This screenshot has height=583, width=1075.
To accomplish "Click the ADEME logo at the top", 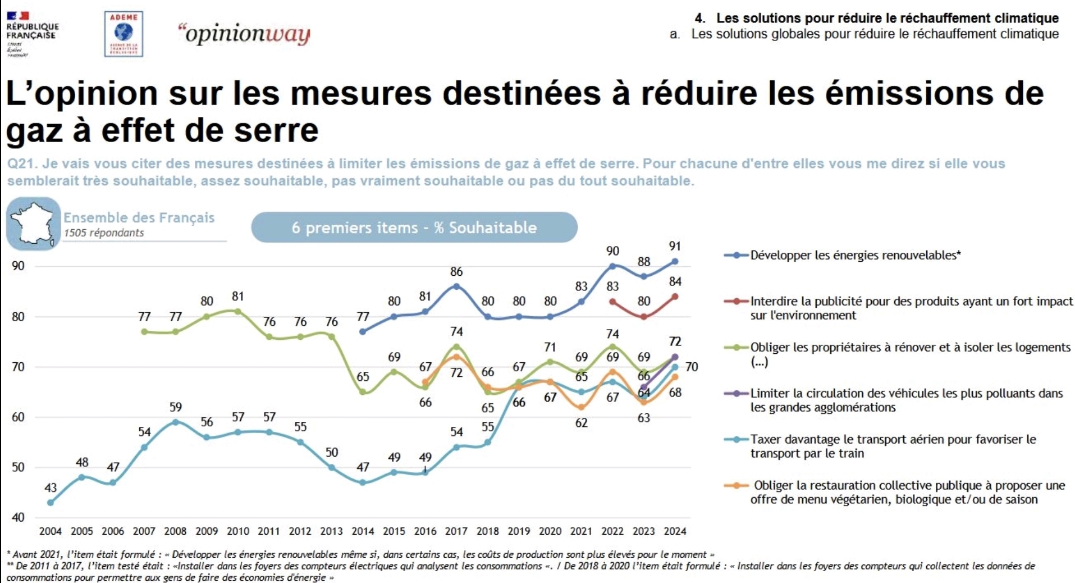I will tap(123, 34).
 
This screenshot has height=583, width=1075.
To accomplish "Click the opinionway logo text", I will tap(244, 34).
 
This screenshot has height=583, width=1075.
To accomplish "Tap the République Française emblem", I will tap(31, 34).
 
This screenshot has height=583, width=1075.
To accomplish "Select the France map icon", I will tap(33, 224).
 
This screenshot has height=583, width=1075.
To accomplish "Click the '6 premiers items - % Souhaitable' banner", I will tap(414, 227).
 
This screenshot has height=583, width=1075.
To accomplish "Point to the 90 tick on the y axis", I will tap(18, 266).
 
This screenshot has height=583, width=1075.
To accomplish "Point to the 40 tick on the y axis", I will tap(18, 517).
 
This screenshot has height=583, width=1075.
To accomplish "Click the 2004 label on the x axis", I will tap(51, 531).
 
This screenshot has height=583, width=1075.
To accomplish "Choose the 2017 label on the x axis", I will tap(456, 531).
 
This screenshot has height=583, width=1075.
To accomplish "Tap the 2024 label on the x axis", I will tap(675, 531).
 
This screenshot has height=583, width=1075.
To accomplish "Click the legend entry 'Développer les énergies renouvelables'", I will tap(855, 256).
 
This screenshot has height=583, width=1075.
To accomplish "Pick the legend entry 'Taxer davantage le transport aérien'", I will tap(893, 447).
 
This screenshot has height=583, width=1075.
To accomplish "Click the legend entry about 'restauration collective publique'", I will tap(907, 493).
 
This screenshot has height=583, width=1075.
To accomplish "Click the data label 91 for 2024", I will tap(675, 247).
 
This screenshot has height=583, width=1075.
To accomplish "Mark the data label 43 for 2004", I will tap(51, 488).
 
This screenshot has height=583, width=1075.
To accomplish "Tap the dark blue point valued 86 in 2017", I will tap(456, 286).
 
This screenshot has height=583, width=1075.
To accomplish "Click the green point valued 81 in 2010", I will tap(237, 311).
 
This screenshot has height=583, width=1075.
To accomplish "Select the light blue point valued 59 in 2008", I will tap(176, 422).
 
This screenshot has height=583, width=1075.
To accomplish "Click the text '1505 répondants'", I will tap(104, 233).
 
